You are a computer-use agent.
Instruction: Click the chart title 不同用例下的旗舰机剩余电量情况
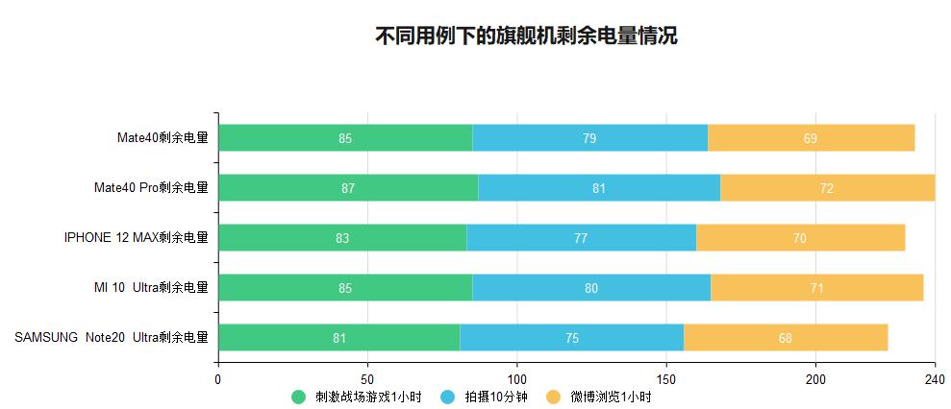pos(526,36)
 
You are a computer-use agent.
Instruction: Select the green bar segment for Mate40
pos(345,138)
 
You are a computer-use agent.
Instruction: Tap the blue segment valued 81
pos(599,188)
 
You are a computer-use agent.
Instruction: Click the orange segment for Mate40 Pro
pos(827,188)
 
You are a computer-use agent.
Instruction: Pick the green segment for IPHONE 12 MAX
pos(342,238)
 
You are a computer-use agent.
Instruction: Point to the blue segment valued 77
pos(581,238)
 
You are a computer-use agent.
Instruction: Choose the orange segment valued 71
pos(816,288)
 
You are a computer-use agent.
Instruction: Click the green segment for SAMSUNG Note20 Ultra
pos(339,338)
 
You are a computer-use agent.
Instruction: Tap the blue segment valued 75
pos(572,338)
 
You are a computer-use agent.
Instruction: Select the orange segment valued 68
pos(786,338)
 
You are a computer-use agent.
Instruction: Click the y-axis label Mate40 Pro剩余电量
pos(151,188)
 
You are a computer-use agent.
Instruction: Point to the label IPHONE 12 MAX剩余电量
pos(136,238)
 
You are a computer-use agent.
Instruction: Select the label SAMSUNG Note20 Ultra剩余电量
pos(112,338)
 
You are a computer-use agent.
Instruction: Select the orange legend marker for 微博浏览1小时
pos(553,397)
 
